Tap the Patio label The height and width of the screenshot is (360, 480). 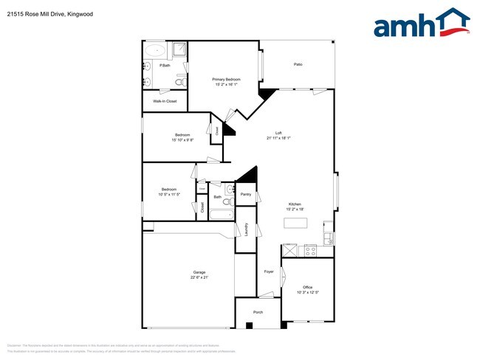pyautogui.click(x=298, y=64)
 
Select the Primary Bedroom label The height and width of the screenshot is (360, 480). pyautogui.click(x=227, y=79)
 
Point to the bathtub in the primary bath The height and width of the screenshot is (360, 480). pyautogui.click(x=157, y=51)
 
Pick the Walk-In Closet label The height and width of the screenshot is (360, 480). pyautogui.click(x=165, y=101)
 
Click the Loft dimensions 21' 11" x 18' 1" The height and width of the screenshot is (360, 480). pyautogui.click(x=278, y=138)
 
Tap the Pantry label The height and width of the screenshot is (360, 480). pyautogui.click(x=246, y=195)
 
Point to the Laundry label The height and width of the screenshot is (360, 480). pyautogui.click(x=246, y=230)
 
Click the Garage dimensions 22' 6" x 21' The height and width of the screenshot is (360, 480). pyautogui.click(x=199, y=277)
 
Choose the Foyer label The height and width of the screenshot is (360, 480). pyautogui.click(x=269, y=271)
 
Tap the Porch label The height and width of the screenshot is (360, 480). pyautogui.click(x=258, y=312)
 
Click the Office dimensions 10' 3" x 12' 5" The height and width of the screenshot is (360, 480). pyautogui.click(x=307, y=291)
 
